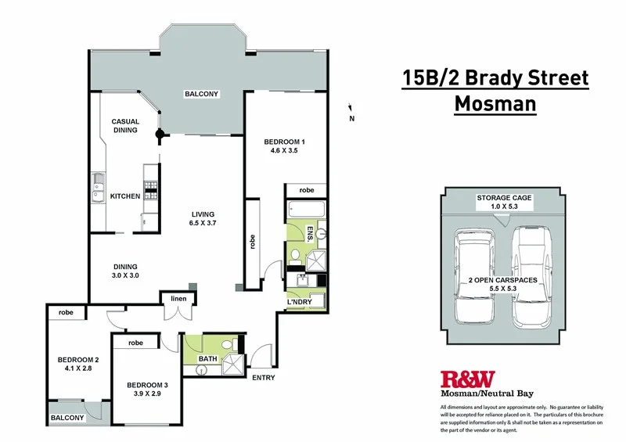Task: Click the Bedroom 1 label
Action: coord(282,142)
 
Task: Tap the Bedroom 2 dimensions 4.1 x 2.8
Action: coord(75,370)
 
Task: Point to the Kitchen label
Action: coord(124,196)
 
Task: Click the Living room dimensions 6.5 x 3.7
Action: coord(201,224)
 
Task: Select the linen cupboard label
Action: coord(173,297)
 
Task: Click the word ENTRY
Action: coord(263,378)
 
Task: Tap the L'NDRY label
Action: coord(300,302)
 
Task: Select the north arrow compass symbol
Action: coord(351,111)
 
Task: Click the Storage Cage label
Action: coord(504,198)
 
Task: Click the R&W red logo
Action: coord(468,379)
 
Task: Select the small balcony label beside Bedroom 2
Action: coord(67,418)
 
